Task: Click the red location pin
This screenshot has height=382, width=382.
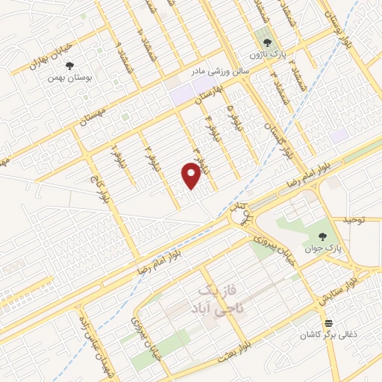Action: point(192,175)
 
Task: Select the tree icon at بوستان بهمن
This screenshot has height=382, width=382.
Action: point(70,66)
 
